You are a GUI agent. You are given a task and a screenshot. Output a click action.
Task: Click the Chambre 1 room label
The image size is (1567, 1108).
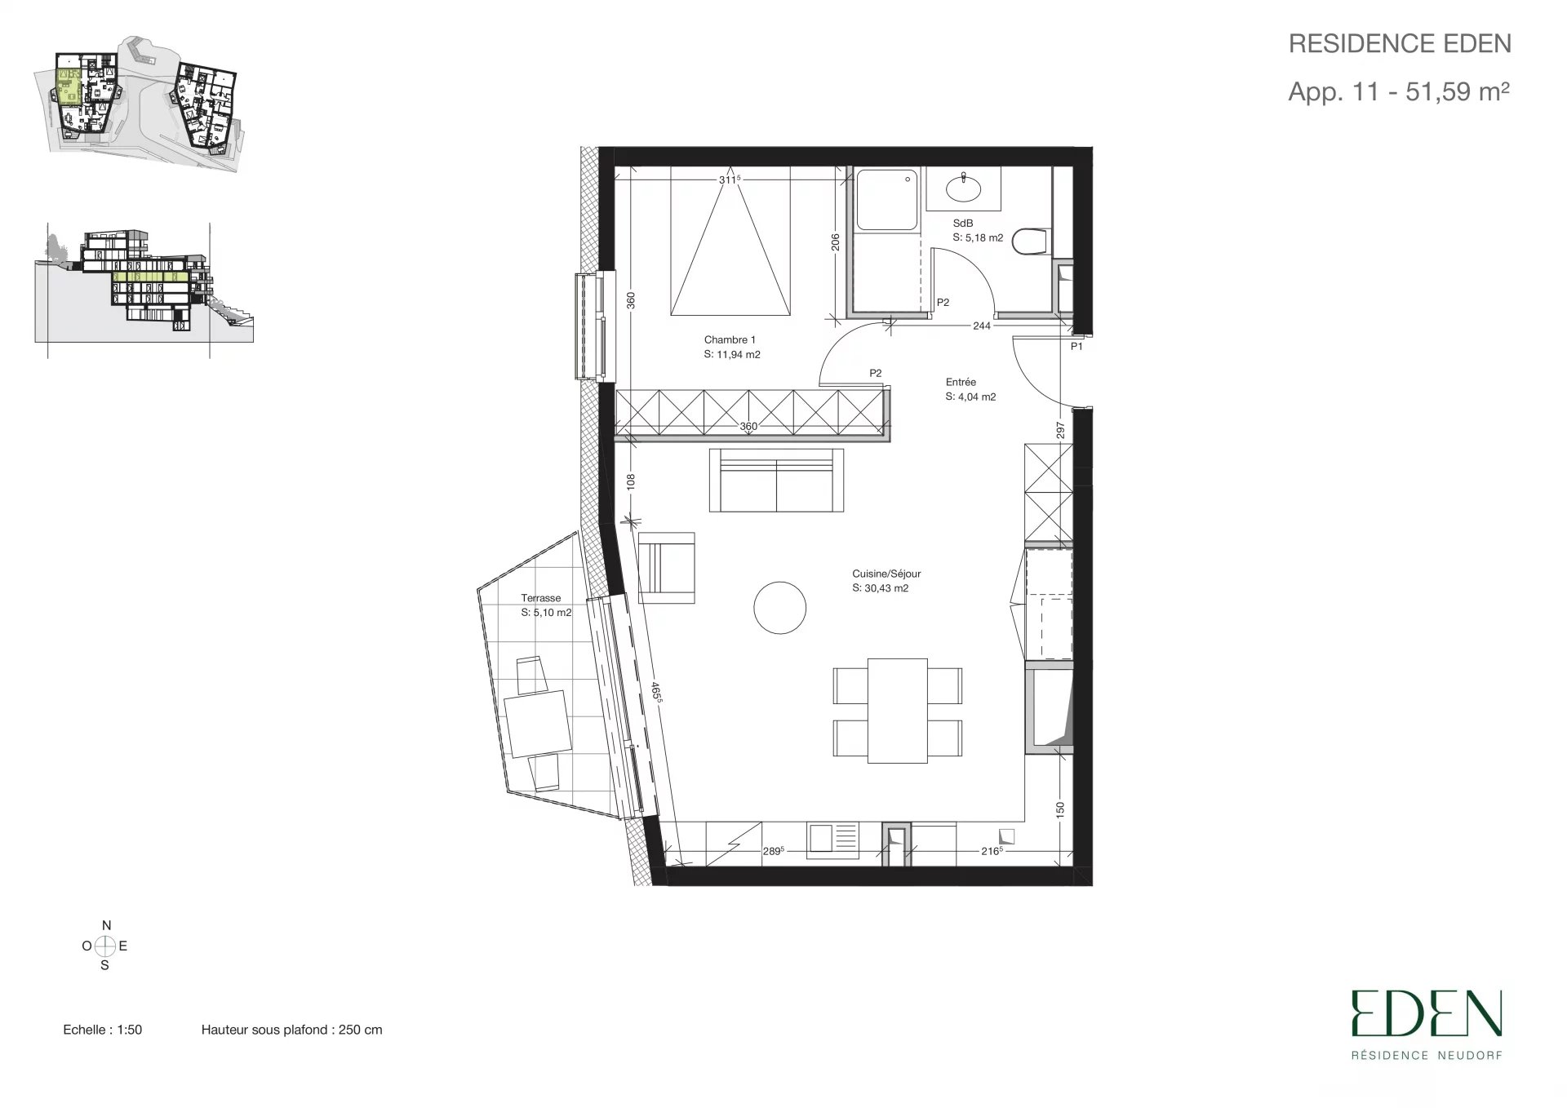click(x=730, y=339)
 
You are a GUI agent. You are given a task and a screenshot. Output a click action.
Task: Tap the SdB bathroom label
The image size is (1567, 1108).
click(x=963, y=223)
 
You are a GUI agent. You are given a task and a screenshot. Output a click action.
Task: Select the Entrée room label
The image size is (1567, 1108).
click(x=961, y=382)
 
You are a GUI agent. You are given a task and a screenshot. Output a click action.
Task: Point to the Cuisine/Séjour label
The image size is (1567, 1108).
click(x=886, y=574)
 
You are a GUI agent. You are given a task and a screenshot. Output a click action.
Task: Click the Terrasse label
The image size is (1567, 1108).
click(x=541, y=598)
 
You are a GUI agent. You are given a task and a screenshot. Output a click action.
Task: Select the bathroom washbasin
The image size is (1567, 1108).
click(x=964, y=188)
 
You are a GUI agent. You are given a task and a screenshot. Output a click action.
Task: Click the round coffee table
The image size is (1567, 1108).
click(x=779, y=608)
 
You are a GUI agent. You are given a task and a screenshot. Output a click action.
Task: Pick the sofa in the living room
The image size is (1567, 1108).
click(x=776, y=481)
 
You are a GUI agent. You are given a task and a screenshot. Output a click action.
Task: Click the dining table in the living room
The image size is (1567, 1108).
click(x=898, y=711)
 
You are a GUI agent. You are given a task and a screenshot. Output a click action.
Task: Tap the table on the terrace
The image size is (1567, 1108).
click(x=537, y=723)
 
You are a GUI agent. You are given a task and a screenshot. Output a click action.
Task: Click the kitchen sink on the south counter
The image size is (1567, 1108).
click(x=833, y=840)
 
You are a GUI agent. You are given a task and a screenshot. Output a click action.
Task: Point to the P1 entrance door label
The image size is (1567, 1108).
click(x=1076, y=346)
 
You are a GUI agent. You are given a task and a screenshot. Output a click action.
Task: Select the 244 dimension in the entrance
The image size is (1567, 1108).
click(x=982, y=326)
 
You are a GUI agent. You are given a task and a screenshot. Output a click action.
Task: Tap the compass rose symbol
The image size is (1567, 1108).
click(x=105, y=946)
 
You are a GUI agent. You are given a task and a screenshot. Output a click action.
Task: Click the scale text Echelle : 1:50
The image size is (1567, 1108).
click(x=103, y=1030)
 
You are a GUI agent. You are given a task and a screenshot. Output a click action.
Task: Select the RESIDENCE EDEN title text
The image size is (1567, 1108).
click(x=1400, y=43)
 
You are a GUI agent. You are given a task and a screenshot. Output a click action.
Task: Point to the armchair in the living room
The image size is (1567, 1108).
click(x=666, y=568)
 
